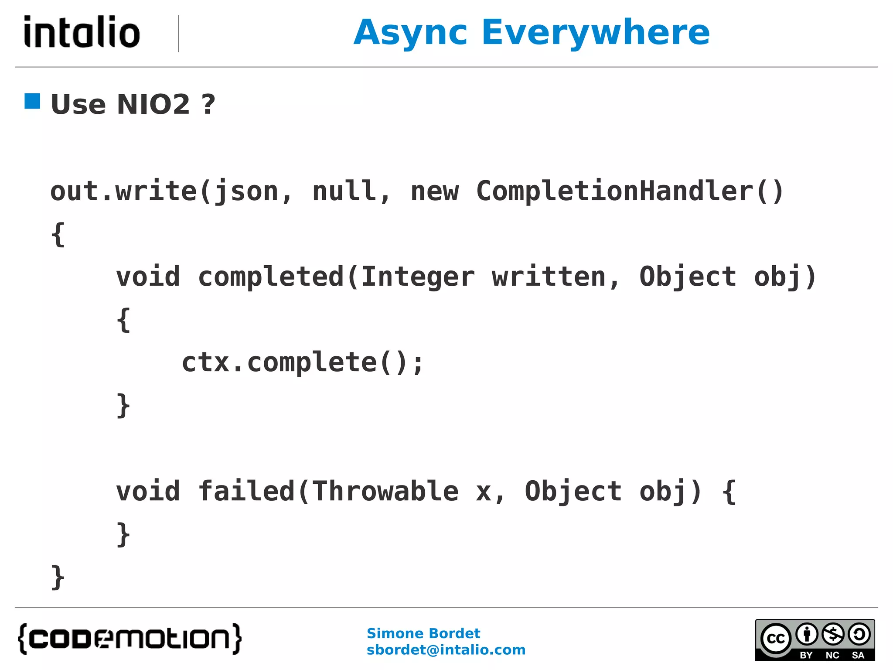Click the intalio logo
pyautogui.click(x=82, y=32)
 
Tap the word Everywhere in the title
pyautogui.click(x=596, y=33)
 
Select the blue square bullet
pyautogui.click(x=32, y=101)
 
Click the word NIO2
pyautogui.click(x=153, y=105)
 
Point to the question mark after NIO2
pyautogui.click(x=208, y=105)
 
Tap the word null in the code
pyautogui.click(x=345, y=191)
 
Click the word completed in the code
pyautogui.click(x=271, y=277)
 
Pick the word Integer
pyautogui.click(x=418, y=277)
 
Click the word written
pyautogui.click(x=549, y=277)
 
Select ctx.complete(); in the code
pyautogui.click(x=302, y=362)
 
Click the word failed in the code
pyautogui.click(x=247, y=491)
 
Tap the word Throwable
pyautogui.click(x=385, y=491)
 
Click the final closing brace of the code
pyautogui.click(x=58, y=577)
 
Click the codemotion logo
pyautogui.click(x=130, y=639)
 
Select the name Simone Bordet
pyautogui.click(x=423, y=633)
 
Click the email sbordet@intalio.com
pyautogui.click(x=446, y=650)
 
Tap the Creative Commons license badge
pyautogui.click(x=815, y=640)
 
